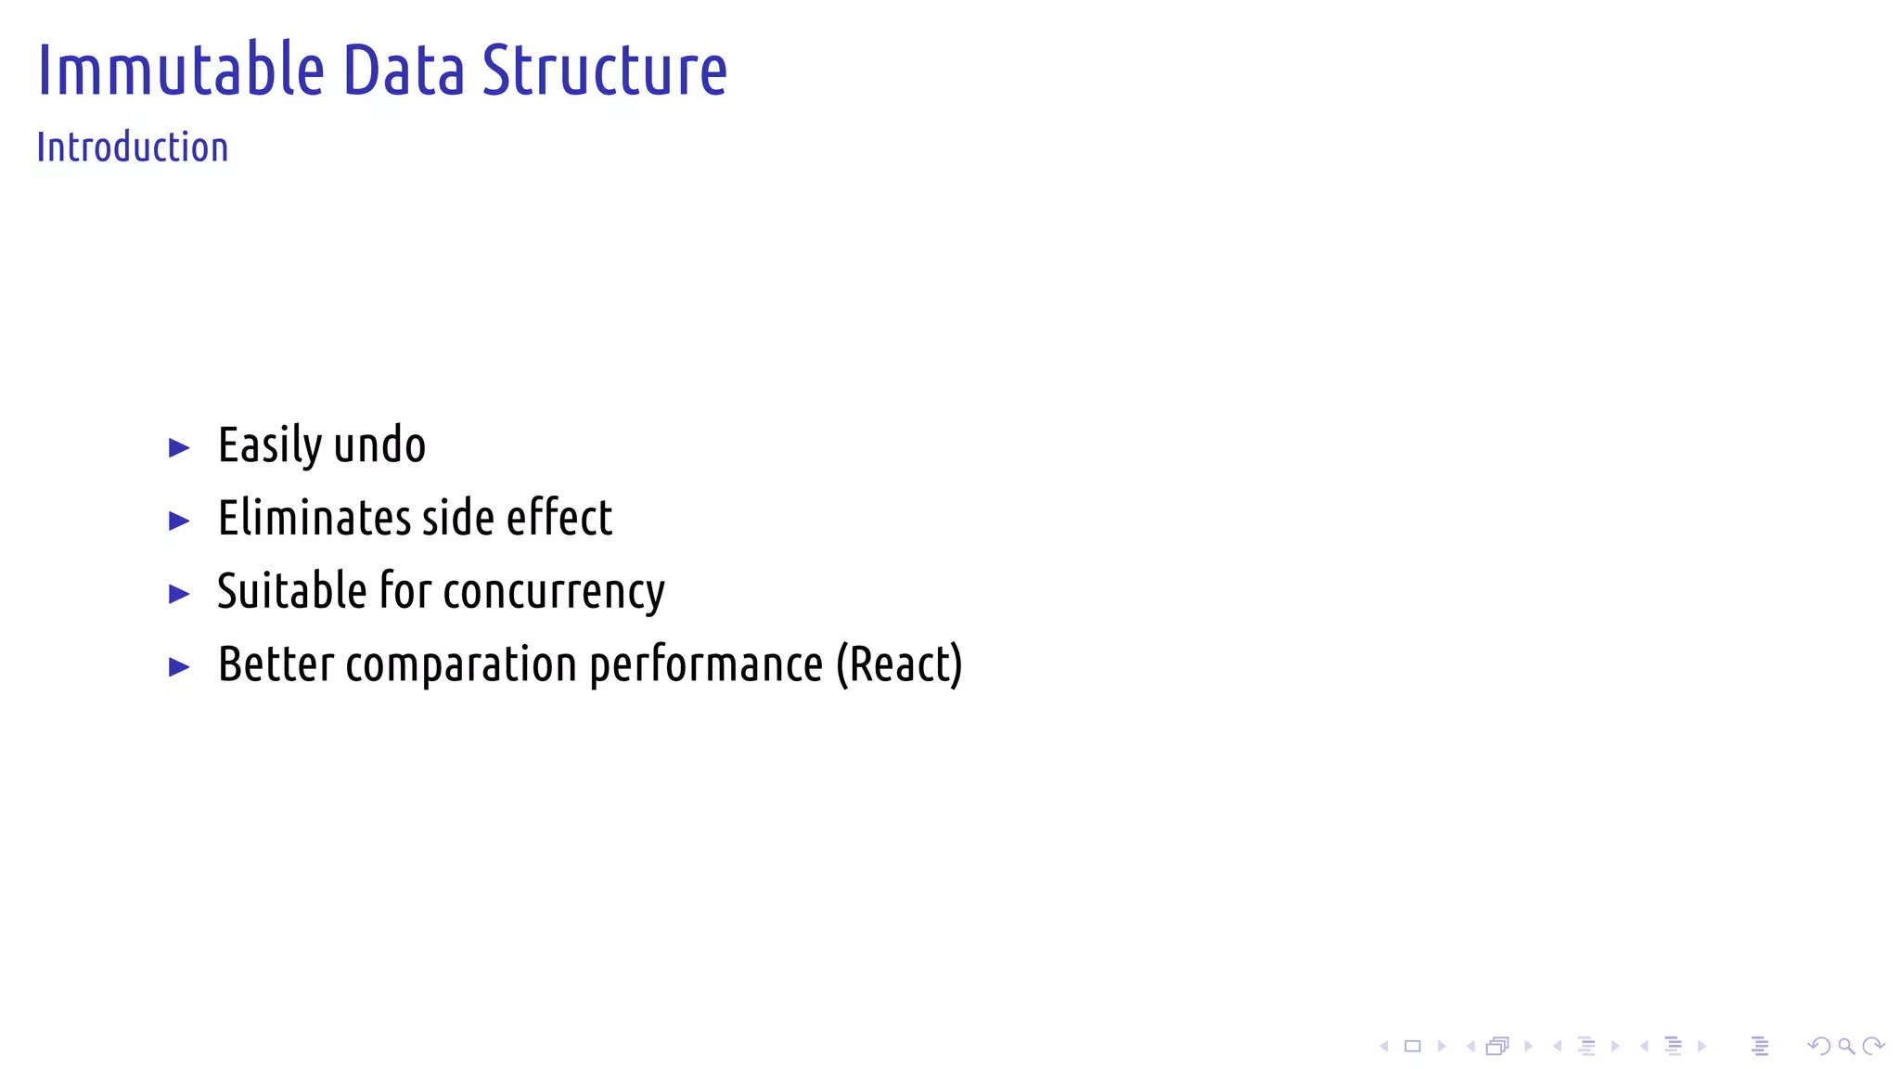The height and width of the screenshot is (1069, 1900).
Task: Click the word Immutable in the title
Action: tap(181, 71)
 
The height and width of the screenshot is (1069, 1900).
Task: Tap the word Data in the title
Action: tap(404, 71)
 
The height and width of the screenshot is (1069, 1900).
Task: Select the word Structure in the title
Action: tap(605, 71)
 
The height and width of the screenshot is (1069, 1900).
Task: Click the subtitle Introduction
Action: tap(133, 148)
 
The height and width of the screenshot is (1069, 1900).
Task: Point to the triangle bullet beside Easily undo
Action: tap(179, 448)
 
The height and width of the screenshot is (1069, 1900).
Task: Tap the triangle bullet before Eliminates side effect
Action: tap(179, 521)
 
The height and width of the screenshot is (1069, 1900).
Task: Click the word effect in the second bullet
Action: tap(559, 518)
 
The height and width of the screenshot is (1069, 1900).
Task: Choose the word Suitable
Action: tap(292, 591)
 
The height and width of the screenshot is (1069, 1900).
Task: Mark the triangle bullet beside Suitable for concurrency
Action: tap(179, 594)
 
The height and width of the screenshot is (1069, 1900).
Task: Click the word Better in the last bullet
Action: tap(276, 664)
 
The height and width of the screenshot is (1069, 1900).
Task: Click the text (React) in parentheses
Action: tap(899, 665)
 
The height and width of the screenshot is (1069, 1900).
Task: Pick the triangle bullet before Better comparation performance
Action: tap(179, 666)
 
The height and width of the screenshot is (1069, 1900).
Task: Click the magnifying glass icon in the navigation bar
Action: tap(1846, 1047)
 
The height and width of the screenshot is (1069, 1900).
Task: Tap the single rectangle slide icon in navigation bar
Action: tap(1412, 1047)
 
